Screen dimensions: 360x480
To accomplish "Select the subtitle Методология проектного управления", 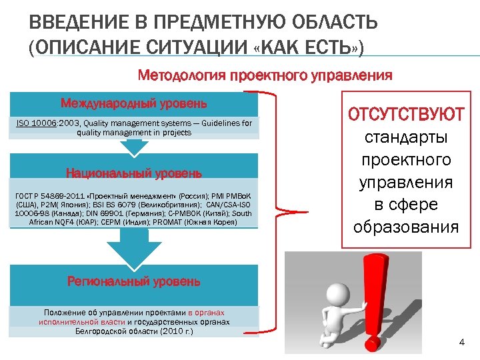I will (x=264, y=75).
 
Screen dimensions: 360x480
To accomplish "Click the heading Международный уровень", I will (x=133, y=103).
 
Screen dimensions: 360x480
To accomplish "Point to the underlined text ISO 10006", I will (x=37, y=123).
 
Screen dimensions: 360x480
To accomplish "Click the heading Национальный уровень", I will (x=133, y=173).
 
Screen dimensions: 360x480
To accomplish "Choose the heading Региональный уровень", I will (x=133, y=281).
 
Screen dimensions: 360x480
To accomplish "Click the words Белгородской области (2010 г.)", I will (x=133, y=330).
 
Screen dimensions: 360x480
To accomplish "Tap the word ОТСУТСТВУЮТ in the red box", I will (x=406, y=114).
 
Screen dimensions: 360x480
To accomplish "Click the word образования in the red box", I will (x=406, y=227).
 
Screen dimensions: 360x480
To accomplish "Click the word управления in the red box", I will (x=406, y=182).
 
